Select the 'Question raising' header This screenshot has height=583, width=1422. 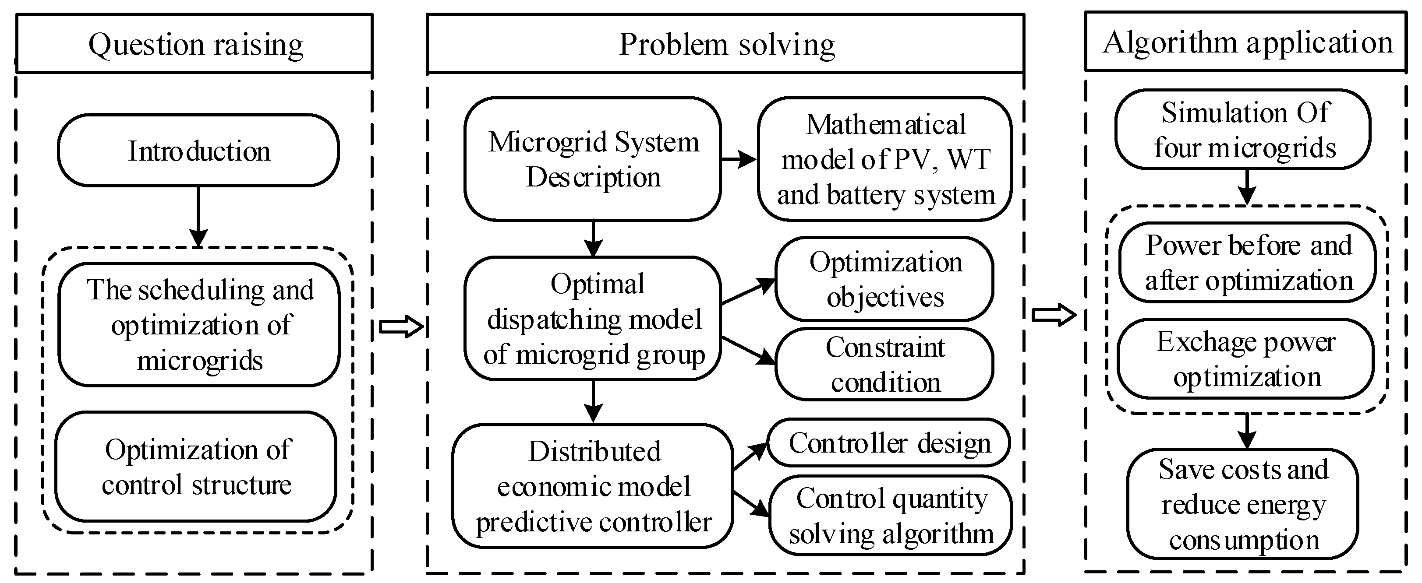pyautogui.click(x=195, y=44)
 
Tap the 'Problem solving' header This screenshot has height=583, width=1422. pyautogui.click(x=725, y=44)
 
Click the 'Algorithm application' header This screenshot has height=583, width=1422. pyautogui.click(x=1246, y=42)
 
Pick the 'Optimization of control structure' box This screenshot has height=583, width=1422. pyautogui.click(x=196, y=467)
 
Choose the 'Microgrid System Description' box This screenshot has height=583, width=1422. pyautogui.click(x=592, y=159)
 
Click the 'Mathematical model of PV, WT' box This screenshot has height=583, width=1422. pyautogui.click(x=884, y=159)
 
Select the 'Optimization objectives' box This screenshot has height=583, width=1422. pyautogui.click(x=884, y=279)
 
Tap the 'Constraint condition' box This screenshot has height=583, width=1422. pyautogui.click(x=884, y=364)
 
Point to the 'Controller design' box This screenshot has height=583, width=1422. pyautogui.click(x=889, y=443)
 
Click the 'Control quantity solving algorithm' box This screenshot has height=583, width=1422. pyautogui.click(x=891, y=515)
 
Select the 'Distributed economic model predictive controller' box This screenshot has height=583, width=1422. pyautogui.click(x=592, y=486)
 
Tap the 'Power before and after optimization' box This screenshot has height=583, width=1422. pyautogui.click(x=1247, y=263)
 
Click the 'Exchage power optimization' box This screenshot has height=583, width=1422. pyautogui.click(x=1245, y=358)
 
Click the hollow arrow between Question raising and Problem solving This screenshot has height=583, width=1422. pyautogui.click(x=401, y=327)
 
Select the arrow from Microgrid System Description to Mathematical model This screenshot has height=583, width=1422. pyautogui.click(x=739, y=159)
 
